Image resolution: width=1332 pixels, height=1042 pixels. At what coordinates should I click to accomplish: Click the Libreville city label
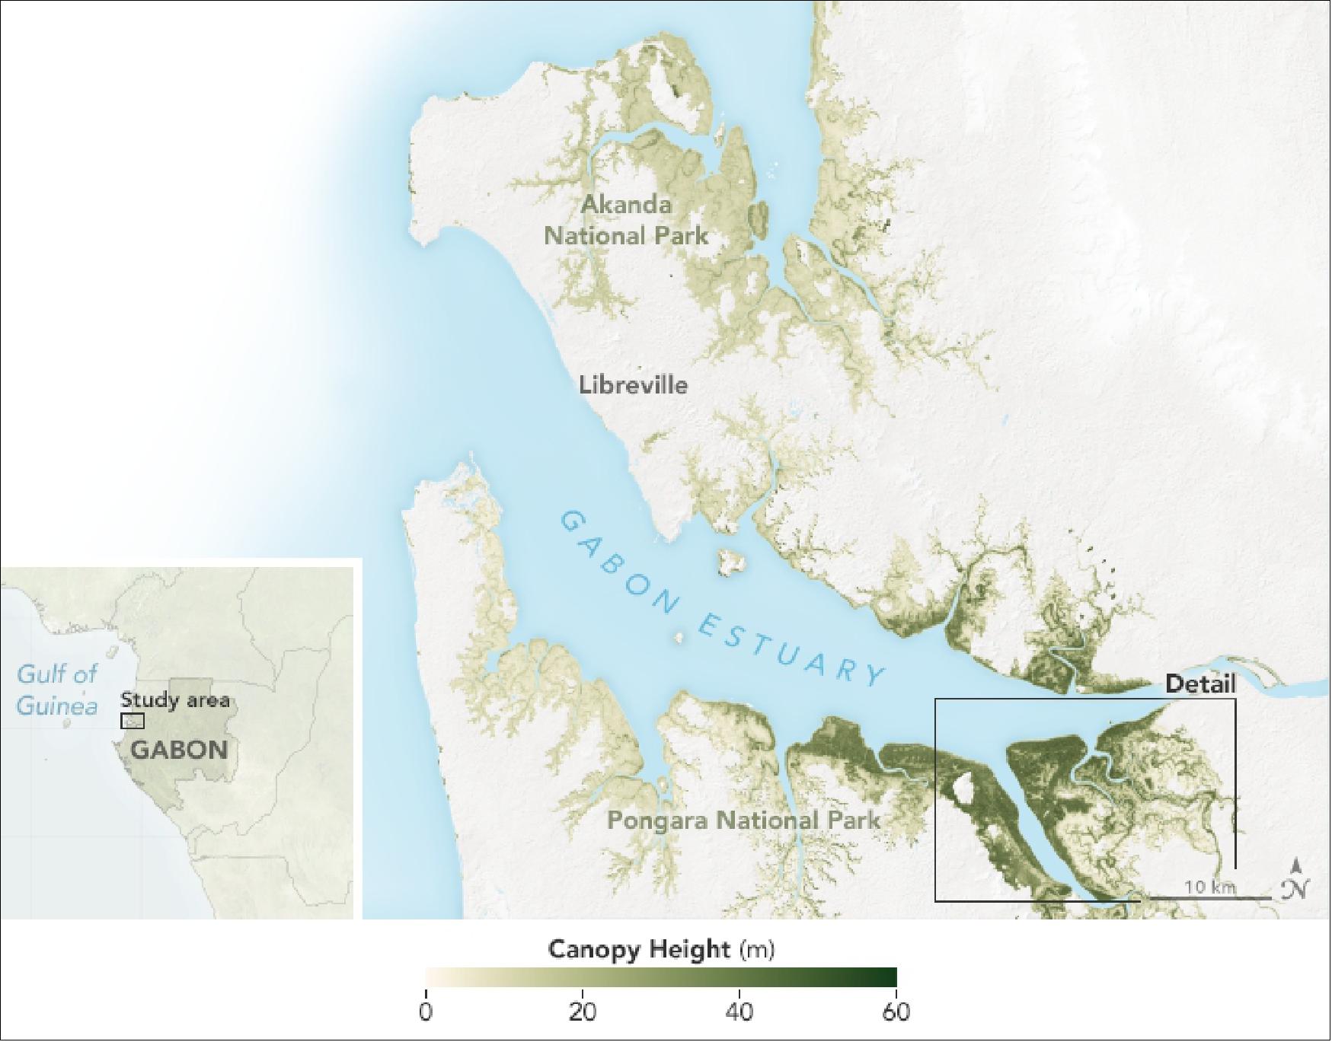pyautogui.click(x=633, y=384)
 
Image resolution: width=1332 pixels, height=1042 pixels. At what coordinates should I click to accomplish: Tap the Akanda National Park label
pyautogui.click(x=626, y=220)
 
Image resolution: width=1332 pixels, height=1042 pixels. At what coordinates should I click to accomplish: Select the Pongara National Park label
pyautogui.click(x=743, y=821)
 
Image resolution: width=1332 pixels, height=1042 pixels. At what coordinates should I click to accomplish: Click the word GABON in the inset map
pyautogui.click(x=179, y=750)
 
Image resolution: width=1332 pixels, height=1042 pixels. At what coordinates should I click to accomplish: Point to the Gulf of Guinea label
pyautogui.click(x=57, y=690)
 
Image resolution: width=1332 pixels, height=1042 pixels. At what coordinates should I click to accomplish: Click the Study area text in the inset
pyautogui.click(x=174, y=699)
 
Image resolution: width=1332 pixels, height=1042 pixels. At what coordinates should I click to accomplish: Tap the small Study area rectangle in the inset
pyautogui.click(x=133, y=721)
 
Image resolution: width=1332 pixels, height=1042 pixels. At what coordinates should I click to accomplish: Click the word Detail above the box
pyautogui.click(x=1201, y=684)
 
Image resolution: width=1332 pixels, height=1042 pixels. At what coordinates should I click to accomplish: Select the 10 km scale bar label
pyautogui.click(x=1210, y=887)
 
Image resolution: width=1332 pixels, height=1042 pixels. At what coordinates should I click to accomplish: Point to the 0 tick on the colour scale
pyautogui.click(x=426, y=1013)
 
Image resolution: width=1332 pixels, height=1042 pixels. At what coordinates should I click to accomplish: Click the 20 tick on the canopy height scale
pyautogui.click(x=583, y=1013)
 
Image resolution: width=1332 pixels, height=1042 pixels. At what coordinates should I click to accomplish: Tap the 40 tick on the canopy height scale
pyautogui.click(x=739, y=1013)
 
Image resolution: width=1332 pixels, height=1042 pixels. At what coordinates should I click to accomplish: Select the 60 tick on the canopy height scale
pyautogui.click(x=896, y=1013)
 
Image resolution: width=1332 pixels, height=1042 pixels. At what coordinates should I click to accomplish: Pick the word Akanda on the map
pyautogui.click(x=626, y=205)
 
